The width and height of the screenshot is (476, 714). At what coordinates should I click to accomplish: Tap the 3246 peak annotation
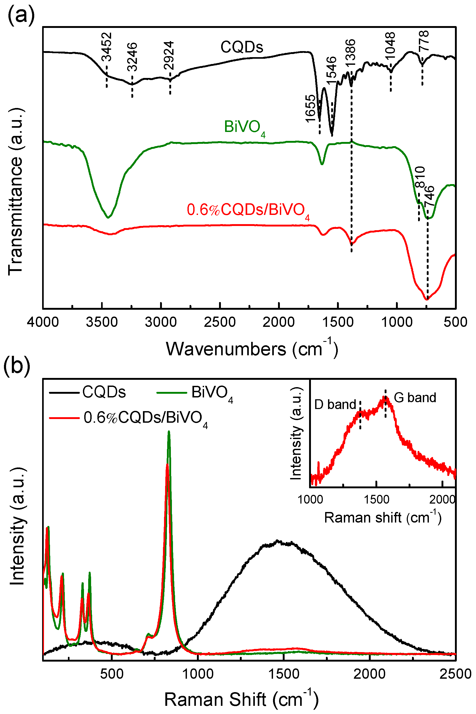click(x=132, y=57)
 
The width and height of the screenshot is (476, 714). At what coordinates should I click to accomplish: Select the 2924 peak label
click(x=169, y=56)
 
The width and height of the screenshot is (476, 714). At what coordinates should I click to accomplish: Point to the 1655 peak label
click(x=310, y=109)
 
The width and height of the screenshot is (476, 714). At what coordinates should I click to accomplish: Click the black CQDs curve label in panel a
click(x=242, y=47)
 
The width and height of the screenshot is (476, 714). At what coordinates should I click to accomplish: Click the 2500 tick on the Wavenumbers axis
click(x=220, y=322)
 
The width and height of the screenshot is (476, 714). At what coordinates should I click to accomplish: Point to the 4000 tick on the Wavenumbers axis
click(x=43, y=322)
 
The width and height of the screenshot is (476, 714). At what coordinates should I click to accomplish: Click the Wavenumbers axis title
click(x=252, y=349)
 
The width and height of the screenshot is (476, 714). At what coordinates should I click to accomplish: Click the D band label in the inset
click(x=335, y=405)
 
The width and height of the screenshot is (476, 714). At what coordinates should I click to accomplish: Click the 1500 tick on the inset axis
click(x=376, y=500)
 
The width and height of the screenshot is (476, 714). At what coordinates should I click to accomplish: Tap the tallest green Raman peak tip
click(x=169, y=432)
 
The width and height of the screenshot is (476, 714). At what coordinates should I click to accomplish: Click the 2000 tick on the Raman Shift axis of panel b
click(x=369, y=674)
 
